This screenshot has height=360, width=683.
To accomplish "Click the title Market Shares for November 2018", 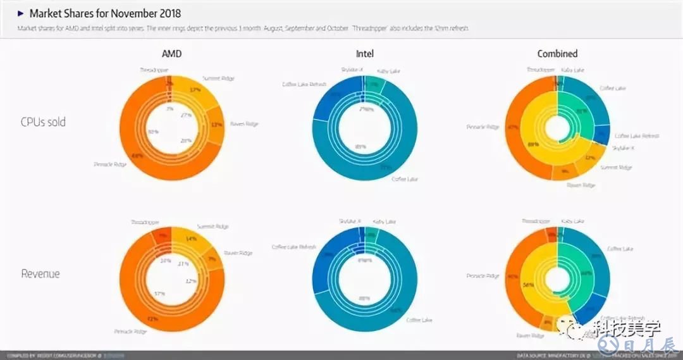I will click(105, 13).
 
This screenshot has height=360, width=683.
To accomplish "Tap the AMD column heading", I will click(171, 54).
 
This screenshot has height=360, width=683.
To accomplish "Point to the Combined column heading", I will click(557, 54).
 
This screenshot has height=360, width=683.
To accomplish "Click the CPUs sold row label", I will click(43, 122).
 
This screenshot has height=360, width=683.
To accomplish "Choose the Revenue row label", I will click(40, 274).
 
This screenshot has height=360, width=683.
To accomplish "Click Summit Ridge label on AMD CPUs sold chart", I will click(219, 78).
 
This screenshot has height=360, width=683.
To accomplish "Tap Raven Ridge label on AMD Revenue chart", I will click(237, 253).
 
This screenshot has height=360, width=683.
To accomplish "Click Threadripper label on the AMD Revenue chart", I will click(145, 223).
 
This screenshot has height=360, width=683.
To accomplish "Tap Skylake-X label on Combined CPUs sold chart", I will click(623, 148).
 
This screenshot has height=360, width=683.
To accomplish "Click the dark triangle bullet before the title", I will click(21, 13).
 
